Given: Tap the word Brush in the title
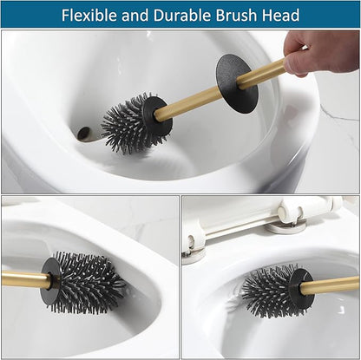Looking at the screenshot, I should click(243, 16).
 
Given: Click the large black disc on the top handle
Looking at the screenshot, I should click(236, 83).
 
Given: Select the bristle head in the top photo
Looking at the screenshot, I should click(127, 124).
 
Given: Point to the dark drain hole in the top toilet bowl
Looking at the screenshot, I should click(85, 134).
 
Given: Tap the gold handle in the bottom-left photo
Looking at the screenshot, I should click(21, 279).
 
